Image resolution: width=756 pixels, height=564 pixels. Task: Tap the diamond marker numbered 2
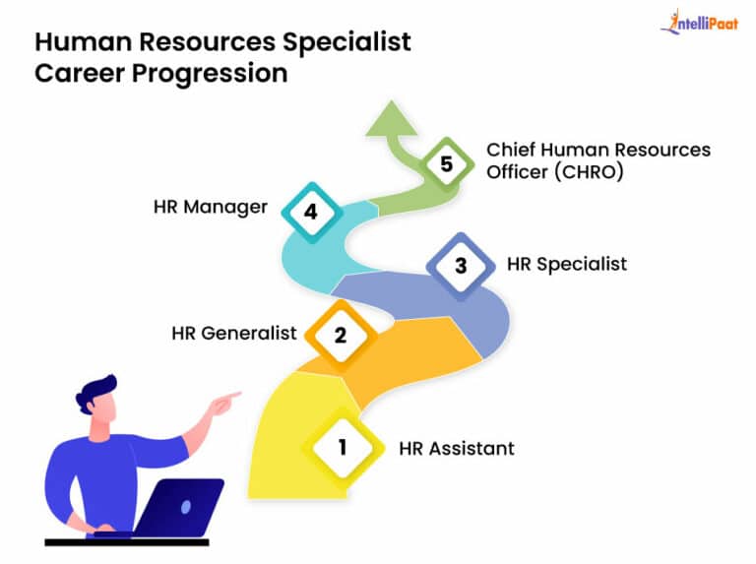click(x=340, y=334)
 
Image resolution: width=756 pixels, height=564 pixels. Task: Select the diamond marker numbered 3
click(x=459, y=265)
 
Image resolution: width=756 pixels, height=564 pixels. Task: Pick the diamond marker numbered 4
click(x=311, y=211)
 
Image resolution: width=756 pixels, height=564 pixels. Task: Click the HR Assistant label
click(x=456, y=448)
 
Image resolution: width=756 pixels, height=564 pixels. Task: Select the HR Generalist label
click(x=233, y=333)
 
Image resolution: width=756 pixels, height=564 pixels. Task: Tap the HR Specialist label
click(x=566, y=264)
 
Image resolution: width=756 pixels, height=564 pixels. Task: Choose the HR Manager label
click(x=210, y=208)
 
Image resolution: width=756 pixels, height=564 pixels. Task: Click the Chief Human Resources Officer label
click(x=598, y=161)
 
